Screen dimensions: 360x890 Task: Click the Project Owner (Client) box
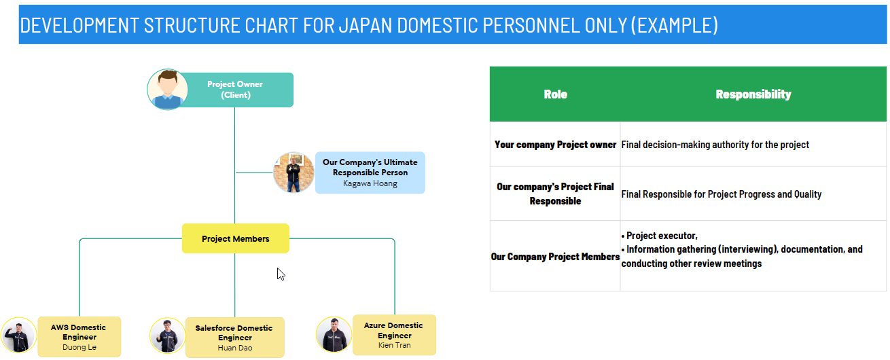click(x=236, y=90)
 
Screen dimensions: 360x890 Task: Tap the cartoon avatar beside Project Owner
click(x=167, y=89)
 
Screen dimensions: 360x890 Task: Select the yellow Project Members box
click(x=235, y=238)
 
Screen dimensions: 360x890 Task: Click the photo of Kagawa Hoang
click(x=293, y=173)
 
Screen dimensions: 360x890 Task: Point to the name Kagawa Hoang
click(x=370, y=183)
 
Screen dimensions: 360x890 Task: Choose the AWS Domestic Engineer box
click(x=79, y=336)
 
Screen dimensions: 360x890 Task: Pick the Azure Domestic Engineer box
click(x=394, y=334)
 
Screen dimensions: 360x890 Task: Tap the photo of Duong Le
click(x=18, y=336)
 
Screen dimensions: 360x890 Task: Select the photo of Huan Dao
click(x=167, y=336)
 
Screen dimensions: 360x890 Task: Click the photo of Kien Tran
click(x=334, y=334)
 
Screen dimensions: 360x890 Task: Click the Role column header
click(x=555, y=94)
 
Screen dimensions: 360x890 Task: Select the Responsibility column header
click(x=753, y=94)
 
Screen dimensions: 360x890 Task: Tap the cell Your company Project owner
click(x=555, y=145)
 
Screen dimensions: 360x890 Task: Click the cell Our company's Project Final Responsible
click(x=555, y=194)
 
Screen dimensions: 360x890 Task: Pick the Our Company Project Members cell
click(x=555, y=257)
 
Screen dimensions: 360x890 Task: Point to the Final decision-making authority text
click(x=715, y=145)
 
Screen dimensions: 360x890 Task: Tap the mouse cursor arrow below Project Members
click(x=281, y=274)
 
